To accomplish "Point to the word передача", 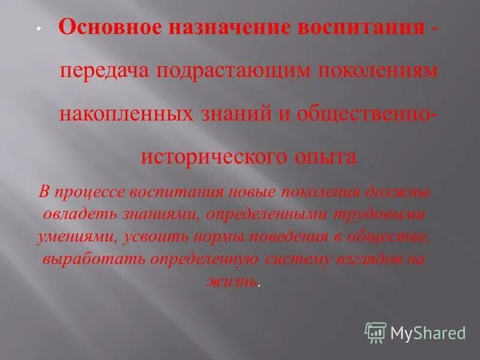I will pyautogui.click(x=104, y=71).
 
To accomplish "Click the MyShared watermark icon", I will pyautogui.click(x=375, y=332).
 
